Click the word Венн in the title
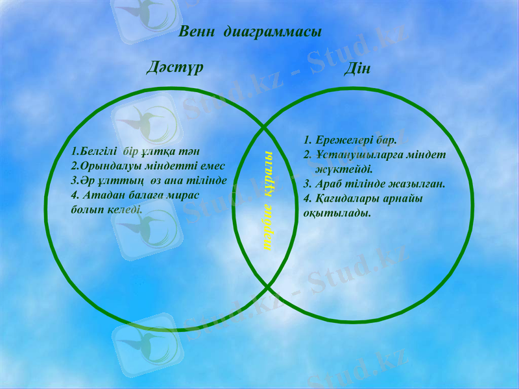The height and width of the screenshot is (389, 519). click(197, 32)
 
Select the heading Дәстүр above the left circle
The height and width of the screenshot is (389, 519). click(174, 67)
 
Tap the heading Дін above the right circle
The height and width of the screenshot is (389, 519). click(357, 68)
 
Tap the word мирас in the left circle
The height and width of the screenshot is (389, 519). click(184, 194)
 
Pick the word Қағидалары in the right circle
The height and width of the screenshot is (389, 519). click(347, 198)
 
